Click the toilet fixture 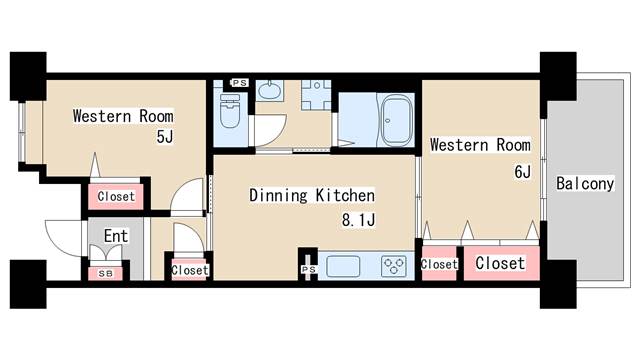(x=229, y=110)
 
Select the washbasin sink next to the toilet (x=269, y=90)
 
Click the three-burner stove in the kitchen (x=393, y=266)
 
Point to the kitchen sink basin (x=343, y=266)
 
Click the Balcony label (x=585, y=184)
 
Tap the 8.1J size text (x=358, y=220)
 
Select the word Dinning (x=278, y=195)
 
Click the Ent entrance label (x=116, y=236)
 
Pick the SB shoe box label (x=106, y=273)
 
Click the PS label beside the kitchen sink (x=309, y=269)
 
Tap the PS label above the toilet (x=240, y=83)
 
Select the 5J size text (x=165, y=137)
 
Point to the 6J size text (x=522, y=172)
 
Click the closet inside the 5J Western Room (x=116, y=196)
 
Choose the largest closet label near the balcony (x=500, y=263)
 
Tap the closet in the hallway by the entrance (x=189, y=270)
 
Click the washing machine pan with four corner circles (x=316, y=95)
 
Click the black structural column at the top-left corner (x=28, y=76)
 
